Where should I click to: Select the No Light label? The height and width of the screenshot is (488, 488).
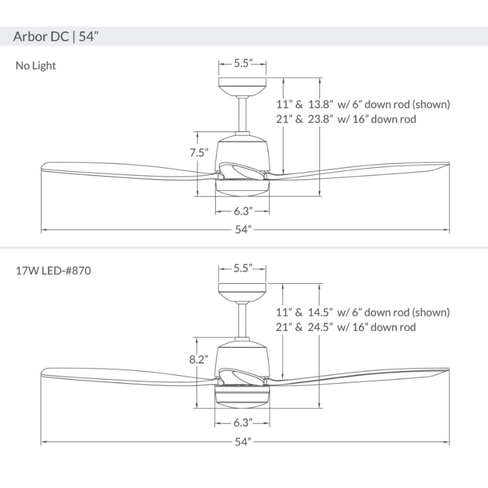tap(35, 66)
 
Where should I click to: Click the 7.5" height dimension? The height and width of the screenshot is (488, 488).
tap(199, 153)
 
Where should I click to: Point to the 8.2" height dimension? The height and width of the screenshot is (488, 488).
tap(199, 360)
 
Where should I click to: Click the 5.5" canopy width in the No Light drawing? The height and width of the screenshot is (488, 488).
tap(243, 63)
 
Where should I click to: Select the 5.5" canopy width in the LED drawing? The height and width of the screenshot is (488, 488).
tap(243, 268)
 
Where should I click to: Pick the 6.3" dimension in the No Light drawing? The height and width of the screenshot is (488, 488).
tap(243, 212)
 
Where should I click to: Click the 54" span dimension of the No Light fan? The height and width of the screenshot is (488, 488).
tap(243, 230)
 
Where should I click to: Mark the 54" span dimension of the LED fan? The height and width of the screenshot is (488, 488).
tap(243, 442)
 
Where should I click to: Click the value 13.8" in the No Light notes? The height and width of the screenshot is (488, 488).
tap(320, 104)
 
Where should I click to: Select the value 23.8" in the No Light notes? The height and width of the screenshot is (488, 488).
tap(320, 120)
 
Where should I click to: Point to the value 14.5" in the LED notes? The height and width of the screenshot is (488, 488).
tap(320, 312)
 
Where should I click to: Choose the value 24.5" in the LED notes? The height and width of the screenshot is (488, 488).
tap(320, 328)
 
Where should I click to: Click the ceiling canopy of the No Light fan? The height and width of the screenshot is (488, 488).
tap(243, 84)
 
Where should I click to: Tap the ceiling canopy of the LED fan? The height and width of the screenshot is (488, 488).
tap(243, 291)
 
